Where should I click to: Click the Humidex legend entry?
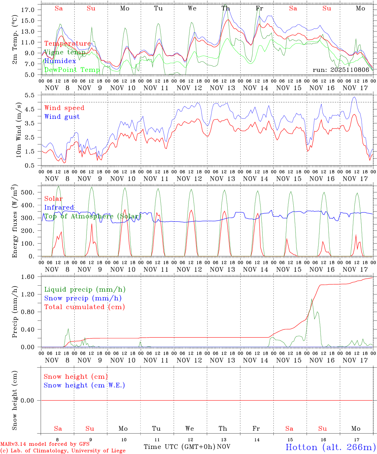pos(60,61)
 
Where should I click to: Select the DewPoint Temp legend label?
pos(72,70)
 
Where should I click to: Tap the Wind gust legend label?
pos(62,117)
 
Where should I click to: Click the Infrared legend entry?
pos(59,207)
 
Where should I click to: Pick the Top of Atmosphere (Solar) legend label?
pos(92,216)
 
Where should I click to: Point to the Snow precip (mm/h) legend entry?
pos(83,298)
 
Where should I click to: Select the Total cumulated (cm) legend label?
pos(84,307)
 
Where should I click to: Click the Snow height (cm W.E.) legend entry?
pos(84,385)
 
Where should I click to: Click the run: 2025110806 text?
pos(341,70)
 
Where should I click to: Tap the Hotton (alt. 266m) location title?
pos(330,447)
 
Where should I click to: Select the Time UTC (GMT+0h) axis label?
pos(179,447)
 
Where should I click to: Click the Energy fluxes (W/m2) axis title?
pos(15,222)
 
